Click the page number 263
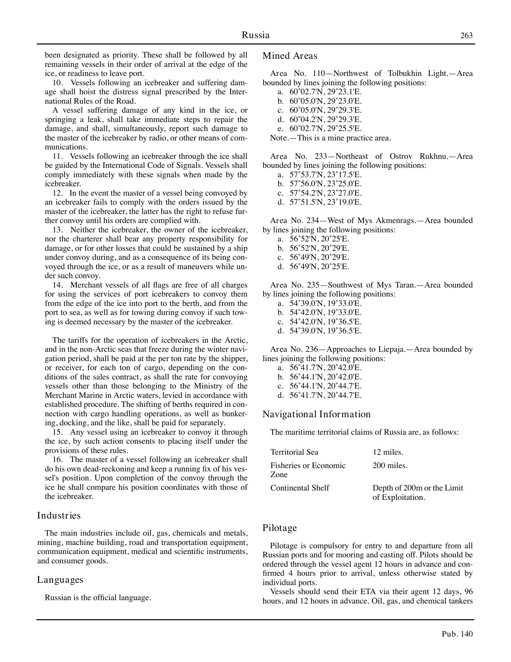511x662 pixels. tap(466, 35)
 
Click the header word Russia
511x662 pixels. tap(255, 35)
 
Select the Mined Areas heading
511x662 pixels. tap(290, 56)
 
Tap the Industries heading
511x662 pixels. tap(59, 515)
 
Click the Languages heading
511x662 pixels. tap(60, 579)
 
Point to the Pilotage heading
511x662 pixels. tap(280, 528)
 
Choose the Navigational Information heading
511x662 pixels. tap(316, 414)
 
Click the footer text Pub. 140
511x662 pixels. tap(457, 634)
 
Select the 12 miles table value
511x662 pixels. tap(388, 452)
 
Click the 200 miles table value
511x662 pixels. tap(390, 465)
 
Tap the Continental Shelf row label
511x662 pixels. tap(300, 488)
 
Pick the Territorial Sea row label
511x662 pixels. tap(294, 452)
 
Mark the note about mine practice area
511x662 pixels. tap(330, 138)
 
